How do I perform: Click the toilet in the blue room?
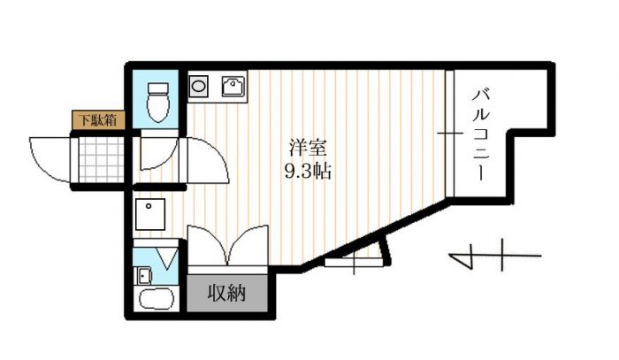[x=158, y=103]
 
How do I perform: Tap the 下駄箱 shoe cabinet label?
[x=99, y=120]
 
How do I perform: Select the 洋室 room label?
[x=309, y=148]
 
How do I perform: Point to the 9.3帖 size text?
[x=309, y=172]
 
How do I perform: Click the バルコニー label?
[x=481, y=135]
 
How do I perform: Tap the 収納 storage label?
[x=227, y=293]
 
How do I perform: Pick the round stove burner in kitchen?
[x=198, y=86]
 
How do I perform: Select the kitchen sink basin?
[x=233, y=86]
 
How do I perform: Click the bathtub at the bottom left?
[x=157, y=299]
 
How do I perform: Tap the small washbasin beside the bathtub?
[x=144, y=275]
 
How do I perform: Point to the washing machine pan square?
[x=150, y=214]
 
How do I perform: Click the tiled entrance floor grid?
[x=102, y=160]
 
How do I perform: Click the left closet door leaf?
[x=207, y=244]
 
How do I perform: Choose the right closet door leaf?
[x=248, y=244]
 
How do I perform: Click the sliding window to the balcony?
[x=450, y=134]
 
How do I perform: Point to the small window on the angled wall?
[x=354, y=262]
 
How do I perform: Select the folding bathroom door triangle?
[x=167, y=257]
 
